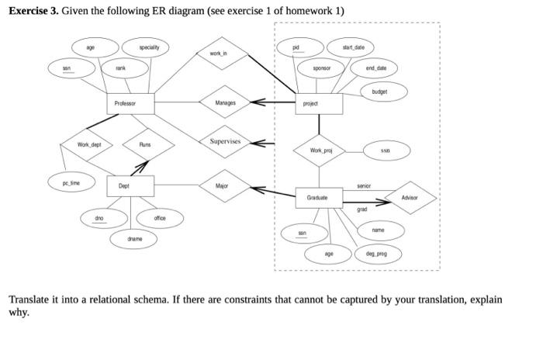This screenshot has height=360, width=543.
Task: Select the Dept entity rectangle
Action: point(124,186)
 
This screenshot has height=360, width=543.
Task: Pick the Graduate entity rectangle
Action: point(319,198)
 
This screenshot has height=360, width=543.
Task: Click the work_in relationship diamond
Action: point(219,54)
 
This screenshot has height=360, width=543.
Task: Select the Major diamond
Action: point(223,186)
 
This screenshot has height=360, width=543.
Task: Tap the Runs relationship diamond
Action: point(144,145)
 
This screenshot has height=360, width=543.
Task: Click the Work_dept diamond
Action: point(89,145)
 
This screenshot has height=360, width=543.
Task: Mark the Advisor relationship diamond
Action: point(410,198)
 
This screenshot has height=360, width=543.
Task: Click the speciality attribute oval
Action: point(149,48)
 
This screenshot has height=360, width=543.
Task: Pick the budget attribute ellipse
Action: point(379,91)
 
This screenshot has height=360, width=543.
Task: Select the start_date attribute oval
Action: point(359,48)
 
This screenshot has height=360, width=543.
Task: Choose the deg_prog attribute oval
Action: point(376,253)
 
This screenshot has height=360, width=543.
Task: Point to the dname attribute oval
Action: point(135,239)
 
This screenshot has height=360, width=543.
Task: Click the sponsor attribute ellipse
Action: point(322,68)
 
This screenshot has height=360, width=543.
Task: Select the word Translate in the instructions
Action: point(29,299)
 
